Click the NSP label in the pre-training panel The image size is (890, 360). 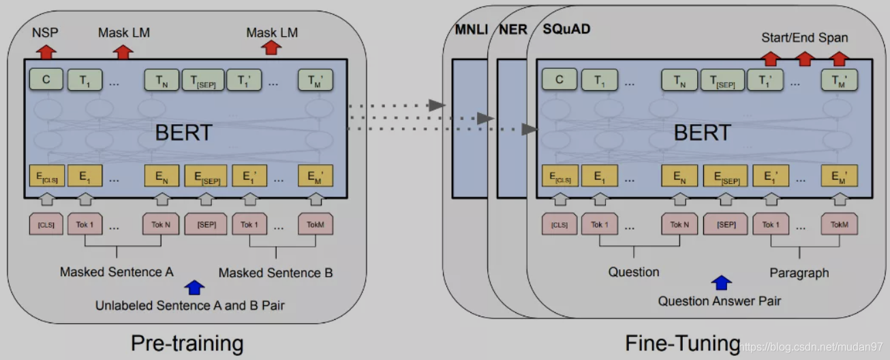(x=46, y=32)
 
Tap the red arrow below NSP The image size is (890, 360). (x=46, y=50)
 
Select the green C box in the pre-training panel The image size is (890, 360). (x=46, y=80)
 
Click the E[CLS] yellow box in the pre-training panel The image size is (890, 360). (x=46, y=177)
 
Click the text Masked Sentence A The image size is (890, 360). (x=117, y=272)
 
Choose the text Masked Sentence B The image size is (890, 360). (x=275, y=273)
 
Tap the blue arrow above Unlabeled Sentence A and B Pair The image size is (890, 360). (x=195, y=287)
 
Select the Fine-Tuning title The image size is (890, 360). (x=682, y=342)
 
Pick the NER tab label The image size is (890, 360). (x=512, y=30)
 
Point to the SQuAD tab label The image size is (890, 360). (x=566, y=30)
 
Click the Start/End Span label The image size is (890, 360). (x=804, y=37)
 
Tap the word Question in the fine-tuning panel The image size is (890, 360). (x=634, y=272)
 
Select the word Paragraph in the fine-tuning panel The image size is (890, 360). (x=799, y=273)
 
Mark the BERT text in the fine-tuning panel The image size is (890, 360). (x=702, y=132)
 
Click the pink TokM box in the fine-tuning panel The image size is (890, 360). (x=839, y=224)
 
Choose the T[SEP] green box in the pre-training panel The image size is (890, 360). (x=204, y=80)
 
